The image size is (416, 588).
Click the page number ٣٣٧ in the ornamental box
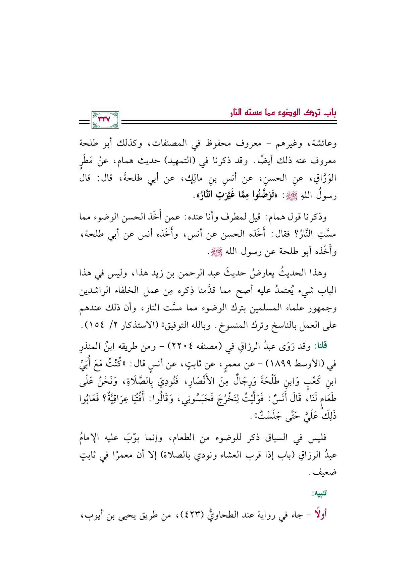[105, 120]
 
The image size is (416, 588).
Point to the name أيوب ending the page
[91, 514]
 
